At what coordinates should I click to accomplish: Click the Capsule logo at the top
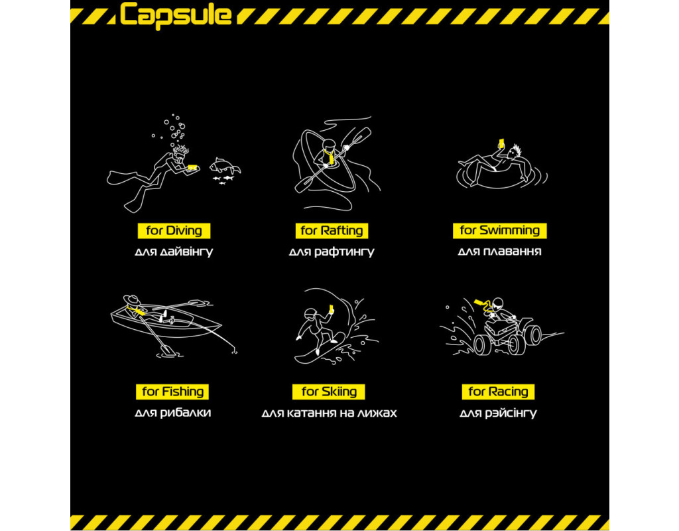coord(175,16)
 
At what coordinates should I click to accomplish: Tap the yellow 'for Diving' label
coord(174,230)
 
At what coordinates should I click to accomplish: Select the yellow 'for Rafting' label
coord(332,230)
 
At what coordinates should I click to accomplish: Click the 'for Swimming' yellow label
coord(500,230)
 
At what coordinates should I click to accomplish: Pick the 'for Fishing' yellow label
coord(172,392)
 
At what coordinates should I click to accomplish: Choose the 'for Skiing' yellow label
coord(329,392)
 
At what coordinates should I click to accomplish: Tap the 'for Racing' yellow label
coord(498,392)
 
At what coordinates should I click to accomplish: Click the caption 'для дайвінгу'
coord(174,252)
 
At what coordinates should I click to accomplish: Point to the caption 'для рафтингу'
coord(332,252)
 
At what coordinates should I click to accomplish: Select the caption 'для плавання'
coord(500,252)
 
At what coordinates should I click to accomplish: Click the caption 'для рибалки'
coord(173,413)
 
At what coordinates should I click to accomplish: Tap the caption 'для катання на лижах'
coord(329,413)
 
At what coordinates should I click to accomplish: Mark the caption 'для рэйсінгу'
coord(499,413)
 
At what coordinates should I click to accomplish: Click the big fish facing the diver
coord(224,166)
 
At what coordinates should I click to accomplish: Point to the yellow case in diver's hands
coord(192,167)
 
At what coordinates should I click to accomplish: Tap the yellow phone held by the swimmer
coord(501,143)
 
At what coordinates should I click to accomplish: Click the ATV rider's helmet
coord(498,303)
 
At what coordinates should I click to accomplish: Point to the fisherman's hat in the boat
coord(132,301)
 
